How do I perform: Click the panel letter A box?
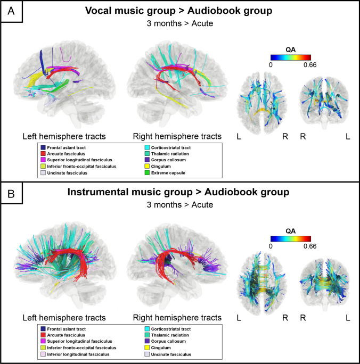[11, 11]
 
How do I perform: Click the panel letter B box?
[11, 193]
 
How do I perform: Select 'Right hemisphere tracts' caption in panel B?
[174, 318]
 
